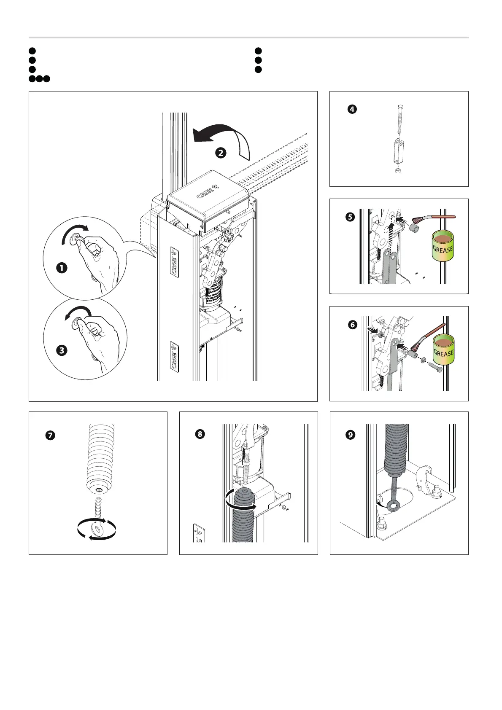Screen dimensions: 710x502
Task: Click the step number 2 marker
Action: [221, 153]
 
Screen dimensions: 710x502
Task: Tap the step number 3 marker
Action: [62, 350]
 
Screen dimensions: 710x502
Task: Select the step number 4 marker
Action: [352, 109]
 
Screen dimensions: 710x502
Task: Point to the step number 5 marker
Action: [350, 218]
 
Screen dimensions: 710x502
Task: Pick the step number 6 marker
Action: [352, 325]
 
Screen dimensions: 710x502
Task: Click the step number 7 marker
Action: [50, 435]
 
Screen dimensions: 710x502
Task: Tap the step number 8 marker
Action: [200, 434]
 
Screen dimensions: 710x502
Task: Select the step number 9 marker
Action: [350, 434]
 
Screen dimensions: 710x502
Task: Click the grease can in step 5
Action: [443, 246]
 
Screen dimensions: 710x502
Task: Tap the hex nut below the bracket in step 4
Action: [397, 171]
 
